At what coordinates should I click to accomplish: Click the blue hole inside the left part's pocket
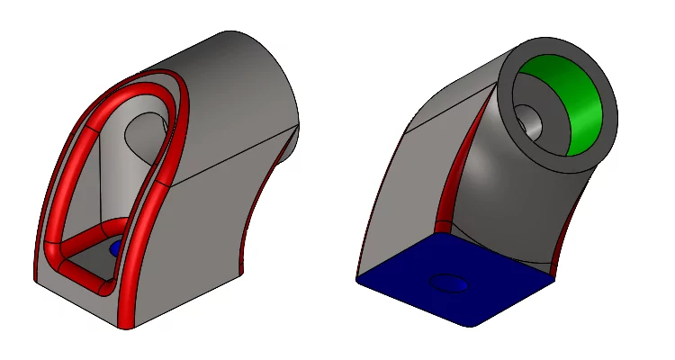[x=114, y=248]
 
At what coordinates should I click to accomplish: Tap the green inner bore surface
[x=576, y=103]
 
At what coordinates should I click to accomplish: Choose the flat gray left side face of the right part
[x=405, y=198]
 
